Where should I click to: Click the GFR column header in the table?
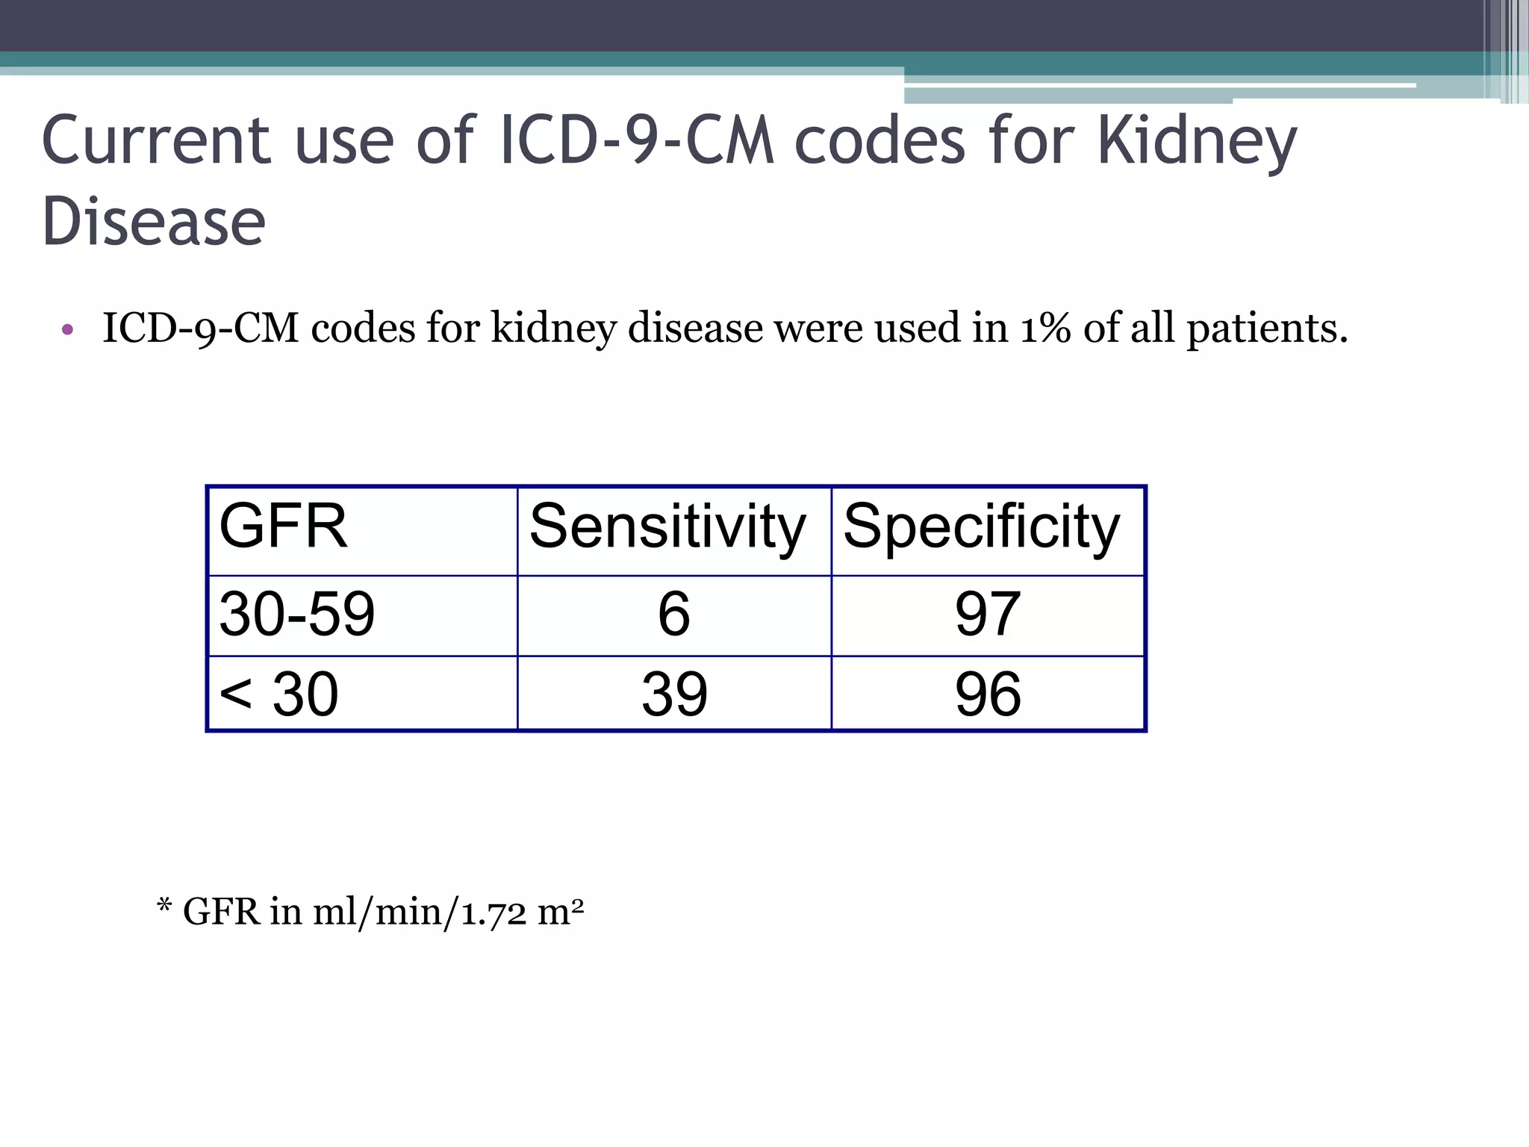(x=283, y=526)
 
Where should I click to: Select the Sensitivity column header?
(x=667, y=526)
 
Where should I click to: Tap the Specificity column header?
(x=981, y=526)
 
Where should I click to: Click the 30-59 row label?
(x=296, y=614)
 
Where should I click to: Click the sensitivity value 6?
(x=673, y=614)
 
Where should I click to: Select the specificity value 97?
(x=987, y=614)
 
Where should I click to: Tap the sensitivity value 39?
(x=673, y=694)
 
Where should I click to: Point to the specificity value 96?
(x=987, y=694)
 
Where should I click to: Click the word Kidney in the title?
(x=1197, y=142)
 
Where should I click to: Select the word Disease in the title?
(x=154, y=222)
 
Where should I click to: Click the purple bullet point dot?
(x=68, y=329)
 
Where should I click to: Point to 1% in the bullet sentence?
(x=1045, y=328)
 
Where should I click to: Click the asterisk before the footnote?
(x=164, y=907)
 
